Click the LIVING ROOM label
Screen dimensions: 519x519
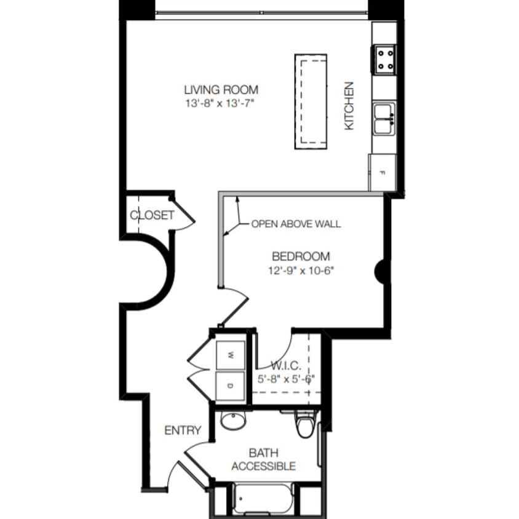tap(221, 90)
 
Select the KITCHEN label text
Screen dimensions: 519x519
tap(349, 106)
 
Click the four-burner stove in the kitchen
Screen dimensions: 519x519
tap(383, 59)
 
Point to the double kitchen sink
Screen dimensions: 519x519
tap(384, 118)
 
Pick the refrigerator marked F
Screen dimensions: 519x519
tap(381, 173)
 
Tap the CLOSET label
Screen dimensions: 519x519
tap(152, 216)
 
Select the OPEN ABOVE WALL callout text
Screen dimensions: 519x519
tap(296, 224)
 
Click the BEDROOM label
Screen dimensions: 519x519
tap(301, 256)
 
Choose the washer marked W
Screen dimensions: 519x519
tap(231, 355)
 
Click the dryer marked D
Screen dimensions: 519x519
tap(231, 386)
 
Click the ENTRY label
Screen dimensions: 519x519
tap(183, 430)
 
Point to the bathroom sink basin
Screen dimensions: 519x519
tap(232, 422)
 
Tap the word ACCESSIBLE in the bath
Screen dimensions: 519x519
tap(263, 466)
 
